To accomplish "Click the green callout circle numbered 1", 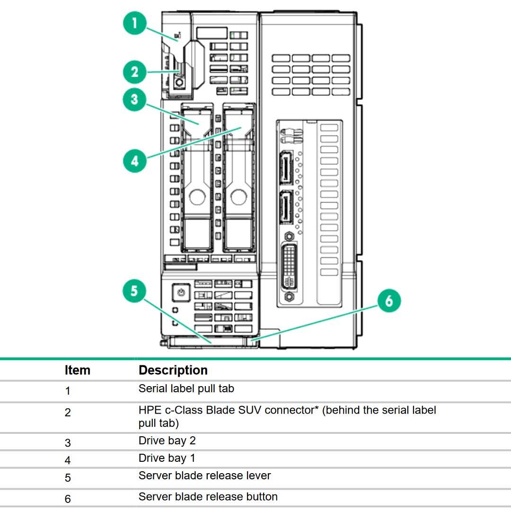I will [x=135, y=23].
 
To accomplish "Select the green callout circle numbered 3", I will [x=135, y=100].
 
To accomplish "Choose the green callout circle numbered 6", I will [x=389, y=301].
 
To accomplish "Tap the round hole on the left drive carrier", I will [x=196, y=197].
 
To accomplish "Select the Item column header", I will [x=77, y=370].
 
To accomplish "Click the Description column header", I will [x=173, y=370].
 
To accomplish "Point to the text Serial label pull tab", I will [x=186, y=388].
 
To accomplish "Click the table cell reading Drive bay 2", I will [x=167, y=441].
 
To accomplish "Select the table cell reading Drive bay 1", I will [x=167, y=458].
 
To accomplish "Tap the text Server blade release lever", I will [x=204, y=476].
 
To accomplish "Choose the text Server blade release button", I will [x=208, y=496].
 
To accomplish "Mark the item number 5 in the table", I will [x=68, y=478].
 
